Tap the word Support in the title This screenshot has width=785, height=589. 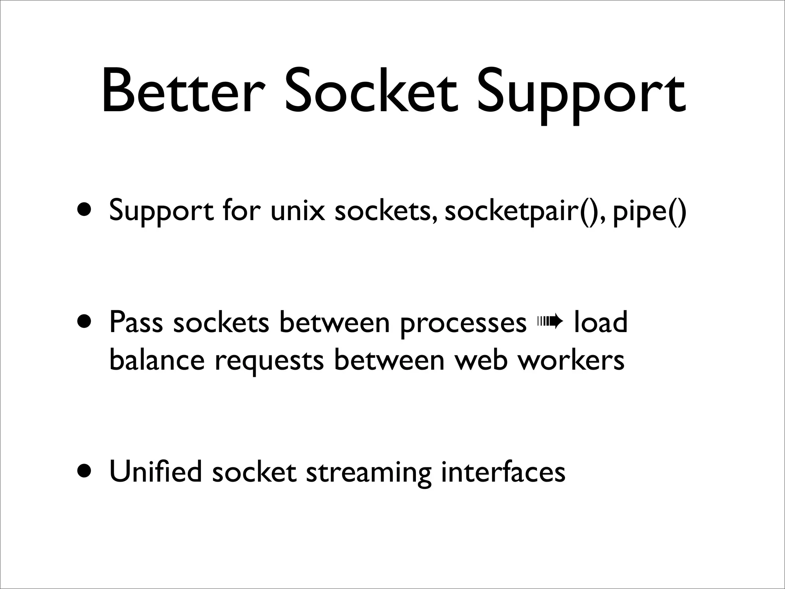point(580,96)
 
